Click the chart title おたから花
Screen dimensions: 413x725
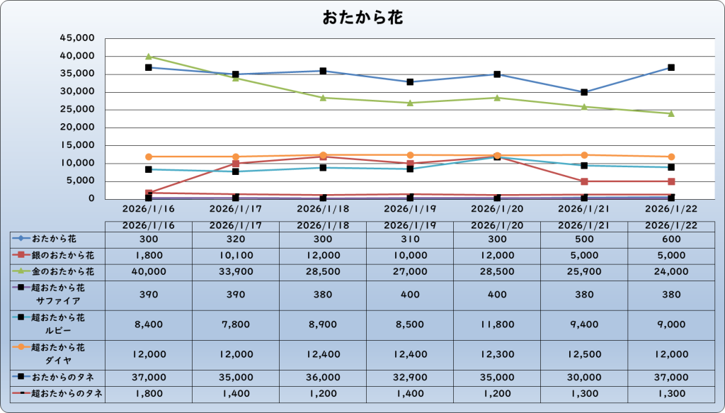(362, 17)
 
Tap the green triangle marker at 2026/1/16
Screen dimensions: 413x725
(149, 57)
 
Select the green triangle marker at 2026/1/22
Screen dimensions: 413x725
(671, 113)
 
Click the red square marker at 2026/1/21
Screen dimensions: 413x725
(584, 181)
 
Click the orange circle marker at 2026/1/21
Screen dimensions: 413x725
(584, 155)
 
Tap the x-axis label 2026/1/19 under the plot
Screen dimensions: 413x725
(410, 210)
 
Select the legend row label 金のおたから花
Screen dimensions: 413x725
(63, 271)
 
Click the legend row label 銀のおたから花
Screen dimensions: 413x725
(63, 254)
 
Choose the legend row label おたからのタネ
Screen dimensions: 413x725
(63, 376)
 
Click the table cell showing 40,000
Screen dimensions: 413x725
(149, 271)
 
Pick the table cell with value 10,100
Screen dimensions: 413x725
(236, 254)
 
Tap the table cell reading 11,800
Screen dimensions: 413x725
(497, 324)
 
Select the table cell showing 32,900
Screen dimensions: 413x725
(410, 376)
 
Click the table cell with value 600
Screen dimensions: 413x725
(671, 238)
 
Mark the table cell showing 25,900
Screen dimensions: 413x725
(584, 271)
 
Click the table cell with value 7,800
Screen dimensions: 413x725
(236, 324)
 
